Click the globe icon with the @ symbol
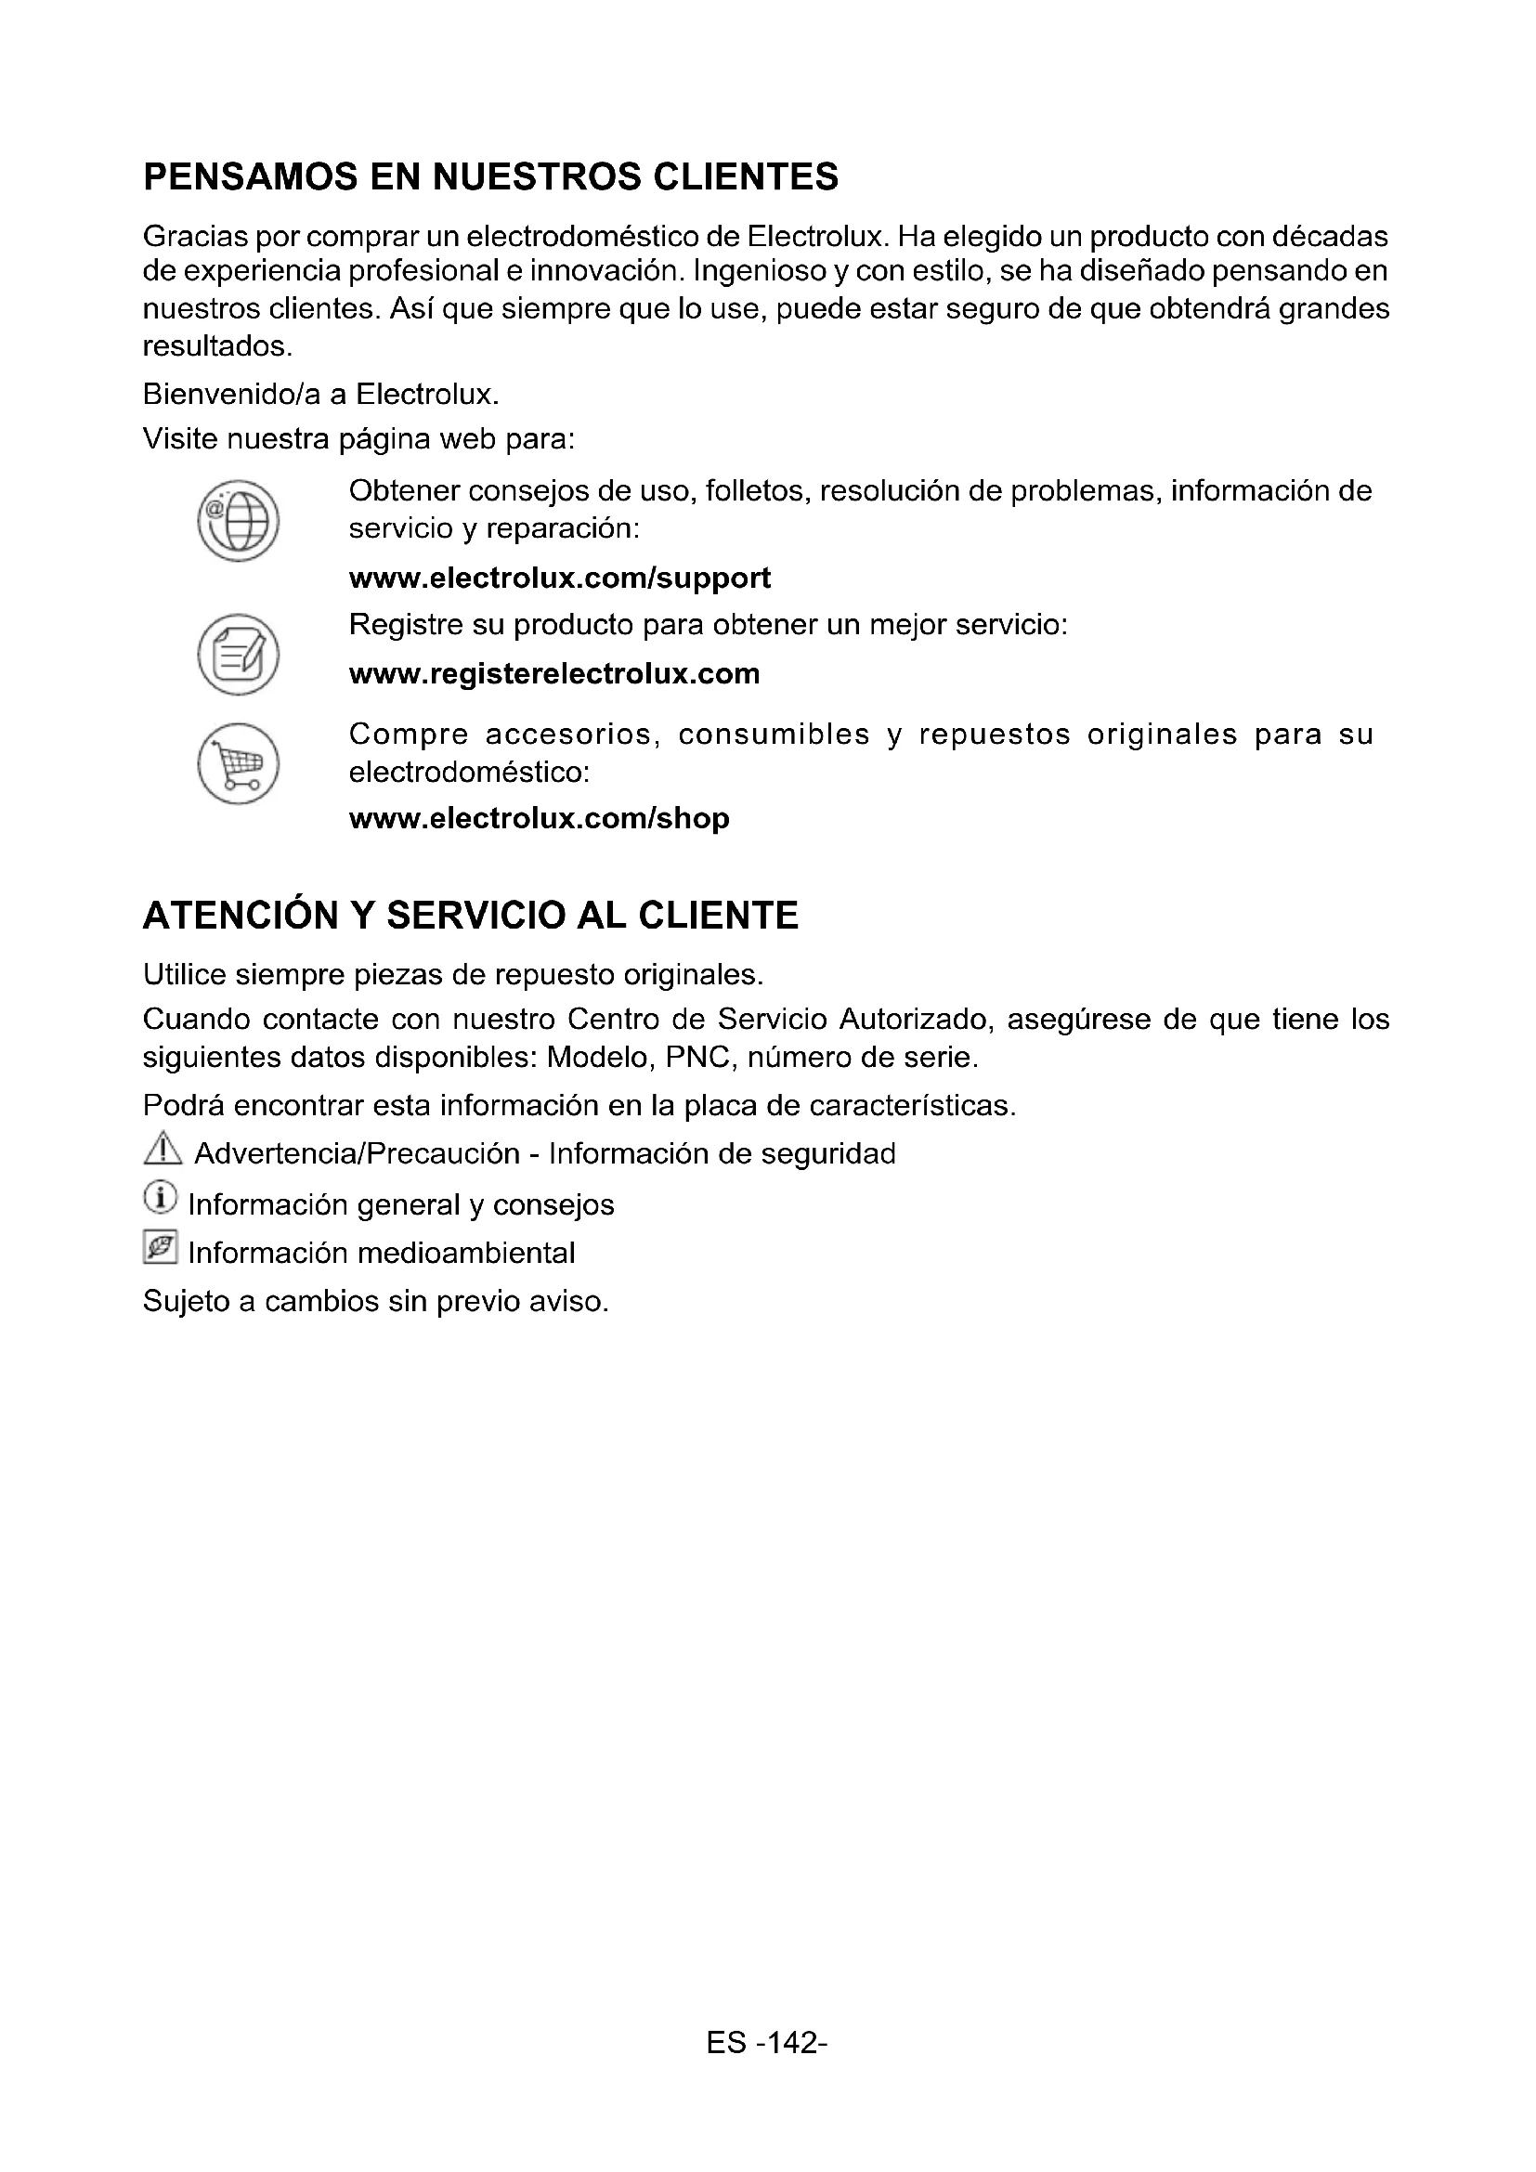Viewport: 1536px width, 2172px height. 238,520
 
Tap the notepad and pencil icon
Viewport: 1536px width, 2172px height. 238,655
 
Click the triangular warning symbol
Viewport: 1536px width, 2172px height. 163,1150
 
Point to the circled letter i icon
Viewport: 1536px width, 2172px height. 160,1199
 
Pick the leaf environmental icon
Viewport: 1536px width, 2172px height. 160,1248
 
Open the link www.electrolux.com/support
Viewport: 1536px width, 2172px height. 559,578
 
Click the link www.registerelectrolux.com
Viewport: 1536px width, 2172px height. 554,673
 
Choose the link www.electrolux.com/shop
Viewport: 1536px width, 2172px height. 540,818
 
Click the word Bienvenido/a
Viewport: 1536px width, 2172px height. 231,394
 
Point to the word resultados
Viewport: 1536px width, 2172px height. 215,346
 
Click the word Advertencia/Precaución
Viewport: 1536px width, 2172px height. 357,1154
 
